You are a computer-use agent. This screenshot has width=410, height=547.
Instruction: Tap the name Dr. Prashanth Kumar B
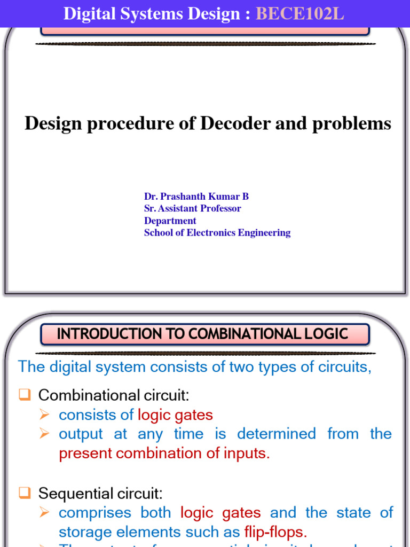[196, 197]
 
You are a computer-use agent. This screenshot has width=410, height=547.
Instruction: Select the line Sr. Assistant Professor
[192, 208]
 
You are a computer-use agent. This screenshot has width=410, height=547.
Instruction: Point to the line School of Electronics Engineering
[217, 232]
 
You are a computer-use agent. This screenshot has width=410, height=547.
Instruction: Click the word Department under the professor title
[170, 221]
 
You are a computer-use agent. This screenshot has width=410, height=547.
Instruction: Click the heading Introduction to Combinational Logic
[203, 334]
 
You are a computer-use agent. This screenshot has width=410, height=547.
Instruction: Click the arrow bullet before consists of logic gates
[45, 415]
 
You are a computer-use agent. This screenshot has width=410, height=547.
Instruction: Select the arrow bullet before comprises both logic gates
[45, 513]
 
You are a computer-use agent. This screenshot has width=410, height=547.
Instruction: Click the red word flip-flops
[275, 532]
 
